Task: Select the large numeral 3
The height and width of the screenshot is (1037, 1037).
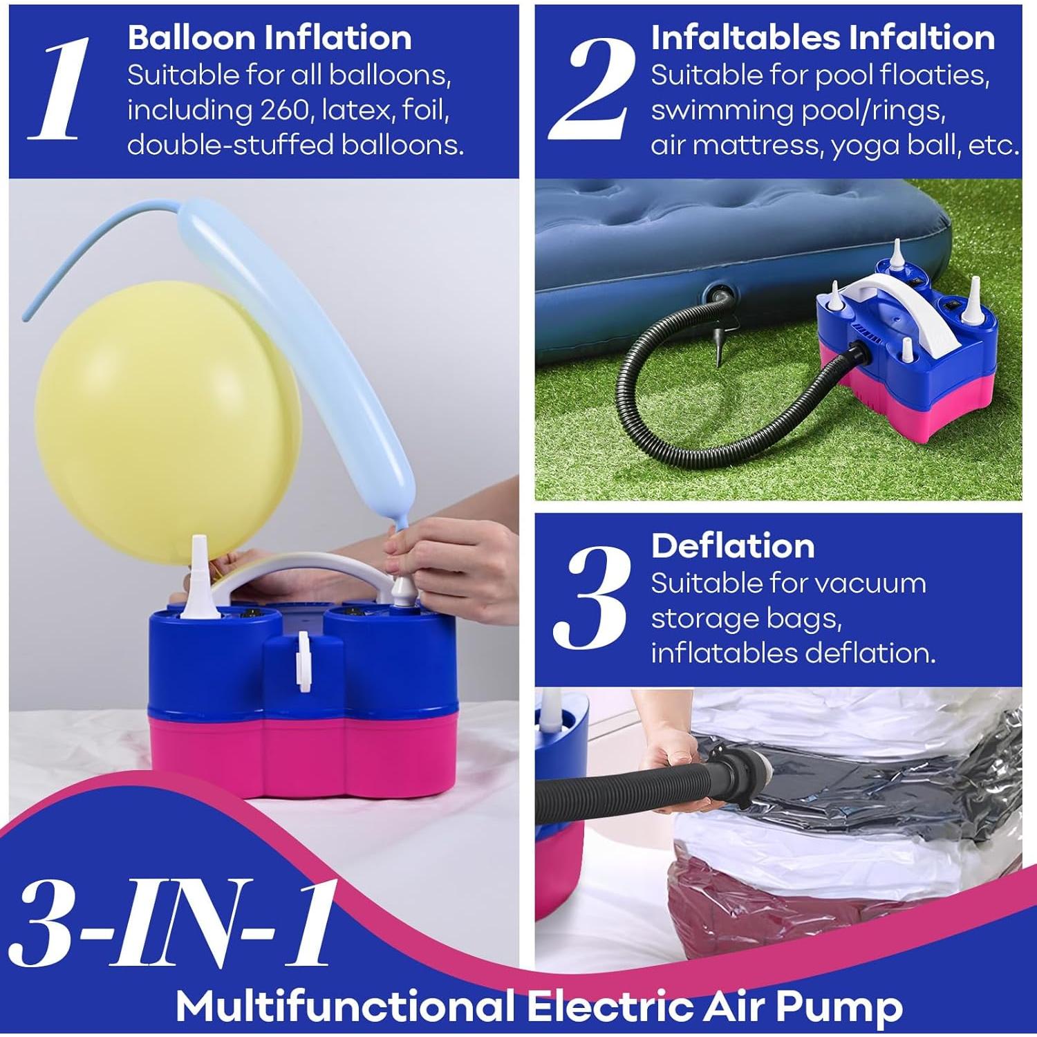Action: [x=592, y=597]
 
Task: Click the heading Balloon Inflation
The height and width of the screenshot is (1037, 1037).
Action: [x=270, y=37]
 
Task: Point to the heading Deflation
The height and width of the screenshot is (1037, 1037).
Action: [x=733, y=546]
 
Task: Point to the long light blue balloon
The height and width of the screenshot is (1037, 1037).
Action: [x=311, y=332]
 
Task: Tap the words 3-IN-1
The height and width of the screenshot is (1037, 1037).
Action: [x=173, y=923]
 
